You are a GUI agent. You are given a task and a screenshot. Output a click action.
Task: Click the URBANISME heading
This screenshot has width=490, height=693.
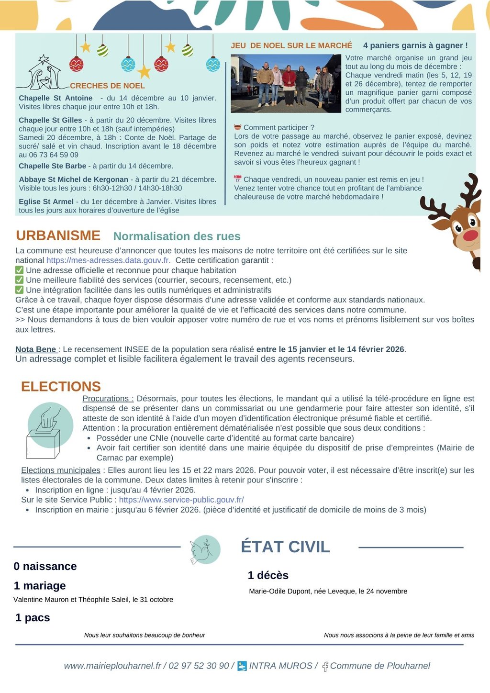pos(58,235)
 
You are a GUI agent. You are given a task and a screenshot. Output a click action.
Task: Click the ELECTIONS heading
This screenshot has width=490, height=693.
pos(61,386)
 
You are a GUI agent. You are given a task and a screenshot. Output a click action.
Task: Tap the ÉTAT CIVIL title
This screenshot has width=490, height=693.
pos(285,547)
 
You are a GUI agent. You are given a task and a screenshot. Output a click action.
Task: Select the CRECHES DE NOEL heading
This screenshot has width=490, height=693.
pos(107,86)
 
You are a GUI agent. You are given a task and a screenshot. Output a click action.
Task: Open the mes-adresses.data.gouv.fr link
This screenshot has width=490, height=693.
pos(108,260)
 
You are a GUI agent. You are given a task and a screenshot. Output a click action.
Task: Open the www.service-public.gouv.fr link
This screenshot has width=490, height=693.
pos(181,500)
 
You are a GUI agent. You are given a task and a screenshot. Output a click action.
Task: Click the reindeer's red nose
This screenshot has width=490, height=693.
pos(470,235)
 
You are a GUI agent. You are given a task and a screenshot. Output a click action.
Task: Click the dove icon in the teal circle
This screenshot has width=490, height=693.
pos(204,550)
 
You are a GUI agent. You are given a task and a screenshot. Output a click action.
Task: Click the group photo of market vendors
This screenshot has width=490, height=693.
pos(285,83)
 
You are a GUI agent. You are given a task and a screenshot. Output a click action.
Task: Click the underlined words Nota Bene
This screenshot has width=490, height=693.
pos(36,349)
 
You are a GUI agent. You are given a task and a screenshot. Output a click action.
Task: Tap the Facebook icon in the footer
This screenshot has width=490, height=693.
pos(325,666)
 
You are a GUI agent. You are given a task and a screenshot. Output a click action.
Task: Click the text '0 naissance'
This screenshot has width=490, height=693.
pos(45,566)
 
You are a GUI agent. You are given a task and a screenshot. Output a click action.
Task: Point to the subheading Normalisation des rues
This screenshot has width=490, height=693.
pos(177,236)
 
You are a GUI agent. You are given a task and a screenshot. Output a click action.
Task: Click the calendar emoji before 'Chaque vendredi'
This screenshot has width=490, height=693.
pos(237,179)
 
